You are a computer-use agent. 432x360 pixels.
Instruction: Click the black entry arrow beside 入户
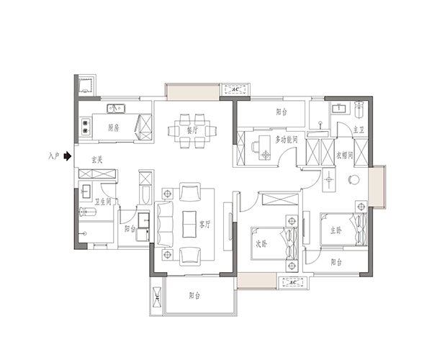(x=68, y=156)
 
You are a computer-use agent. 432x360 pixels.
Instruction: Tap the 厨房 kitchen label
(x=114, y=128)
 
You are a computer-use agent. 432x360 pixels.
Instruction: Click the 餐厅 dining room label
(x=192, y=130)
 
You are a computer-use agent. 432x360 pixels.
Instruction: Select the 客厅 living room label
(x=204, y=225)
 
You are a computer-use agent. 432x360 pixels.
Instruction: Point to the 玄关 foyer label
(x=96, y=159)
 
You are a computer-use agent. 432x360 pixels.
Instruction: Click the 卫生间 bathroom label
(x=103, y=202)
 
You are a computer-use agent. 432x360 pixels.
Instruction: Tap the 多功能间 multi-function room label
(x=287, y=140)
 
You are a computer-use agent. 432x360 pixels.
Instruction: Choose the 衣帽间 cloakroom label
(x=344, y=156)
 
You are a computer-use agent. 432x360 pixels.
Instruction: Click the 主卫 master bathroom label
(x=359, y=130)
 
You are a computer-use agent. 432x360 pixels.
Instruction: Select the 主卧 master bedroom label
(x=336, y=230)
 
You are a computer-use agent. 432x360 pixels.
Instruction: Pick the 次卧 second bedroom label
(x=261, y=244)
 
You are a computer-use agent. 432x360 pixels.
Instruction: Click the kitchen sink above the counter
(x=116, y=109)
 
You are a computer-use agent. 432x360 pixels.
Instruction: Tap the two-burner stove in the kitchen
(x=86, y=127)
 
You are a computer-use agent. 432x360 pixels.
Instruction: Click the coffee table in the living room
(x=189, y=224)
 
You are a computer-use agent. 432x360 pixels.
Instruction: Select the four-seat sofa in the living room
(x=164, y=224)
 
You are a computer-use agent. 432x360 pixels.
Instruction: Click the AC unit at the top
(x=235, y=89)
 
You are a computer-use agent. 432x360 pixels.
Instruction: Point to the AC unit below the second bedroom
(x=293, y=282)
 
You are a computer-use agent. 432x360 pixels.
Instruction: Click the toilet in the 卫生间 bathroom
(x=87, y=212)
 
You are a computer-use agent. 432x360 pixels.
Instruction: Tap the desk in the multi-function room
(x=264, y=148)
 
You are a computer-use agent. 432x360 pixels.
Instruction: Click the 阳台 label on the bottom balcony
(x=194, y=295)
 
